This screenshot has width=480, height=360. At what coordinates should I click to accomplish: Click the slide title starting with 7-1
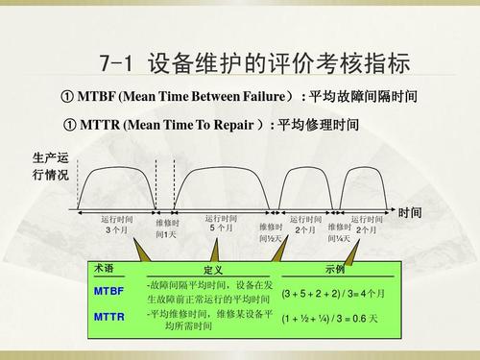point(254,64)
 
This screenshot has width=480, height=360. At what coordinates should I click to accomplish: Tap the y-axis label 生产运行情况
point(50,167)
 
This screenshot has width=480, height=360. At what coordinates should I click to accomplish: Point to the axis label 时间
point(410,212)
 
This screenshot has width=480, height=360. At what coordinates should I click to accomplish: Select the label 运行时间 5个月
point(221,223)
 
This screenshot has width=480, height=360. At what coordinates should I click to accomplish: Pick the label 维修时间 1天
point(167,228)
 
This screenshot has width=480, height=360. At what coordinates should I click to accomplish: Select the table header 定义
point(213,271)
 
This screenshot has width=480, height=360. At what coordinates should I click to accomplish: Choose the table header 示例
point(335,270)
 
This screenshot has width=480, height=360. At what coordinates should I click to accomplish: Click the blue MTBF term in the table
point(108,290)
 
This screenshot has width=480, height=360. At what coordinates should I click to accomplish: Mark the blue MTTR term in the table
point(108,315)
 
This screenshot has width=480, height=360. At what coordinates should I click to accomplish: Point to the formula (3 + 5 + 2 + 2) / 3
point(332,293)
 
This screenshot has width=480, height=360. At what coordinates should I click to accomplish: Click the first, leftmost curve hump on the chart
point(119,182)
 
